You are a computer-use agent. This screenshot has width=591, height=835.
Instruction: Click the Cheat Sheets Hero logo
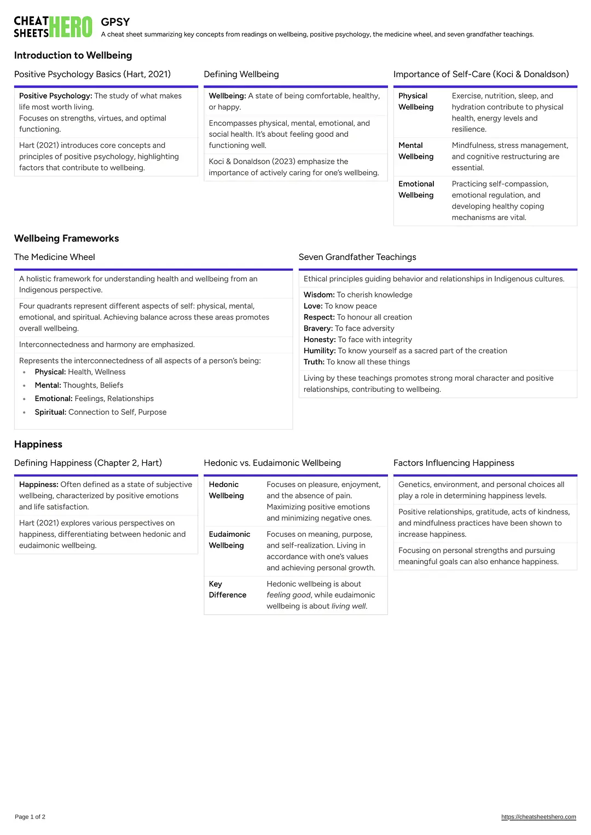53,27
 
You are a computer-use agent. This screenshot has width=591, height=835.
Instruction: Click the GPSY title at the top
115,22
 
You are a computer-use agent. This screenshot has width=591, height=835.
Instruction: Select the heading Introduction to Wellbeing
73,55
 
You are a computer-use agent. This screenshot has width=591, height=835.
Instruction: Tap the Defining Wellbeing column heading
241,74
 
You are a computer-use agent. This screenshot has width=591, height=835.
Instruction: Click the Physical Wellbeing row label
416,101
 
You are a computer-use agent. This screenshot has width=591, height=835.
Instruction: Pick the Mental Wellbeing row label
416,151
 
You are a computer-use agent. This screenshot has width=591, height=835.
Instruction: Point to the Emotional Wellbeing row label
416,189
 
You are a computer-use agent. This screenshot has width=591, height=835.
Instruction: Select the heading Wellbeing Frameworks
66,239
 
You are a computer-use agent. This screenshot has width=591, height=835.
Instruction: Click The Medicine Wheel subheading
54,257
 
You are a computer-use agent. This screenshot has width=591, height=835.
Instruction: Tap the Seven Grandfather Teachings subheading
357,257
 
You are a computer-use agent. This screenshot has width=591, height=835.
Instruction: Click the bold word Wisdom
318,295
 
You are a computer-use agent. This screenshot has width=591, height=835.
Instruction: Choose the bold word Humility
319,351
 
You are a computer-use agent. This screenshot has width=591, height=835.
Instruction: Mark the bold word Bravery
317,328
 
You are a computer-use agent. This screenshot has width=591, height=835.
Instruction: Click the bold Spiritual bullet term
50,412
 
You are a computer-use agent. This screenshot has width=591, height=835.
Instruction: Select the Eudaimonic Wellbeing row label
229,540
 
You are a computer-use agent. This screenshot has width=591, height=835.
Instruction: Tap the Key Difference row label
227,589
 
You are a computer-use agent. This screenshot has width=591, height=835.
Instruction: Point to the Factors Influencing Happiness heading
454,463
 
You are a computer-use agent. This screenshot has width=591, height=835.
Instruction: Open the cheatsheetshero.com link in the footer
538,817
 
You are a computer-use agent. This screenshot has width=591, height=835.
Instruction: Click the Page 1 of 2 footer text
30,817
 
